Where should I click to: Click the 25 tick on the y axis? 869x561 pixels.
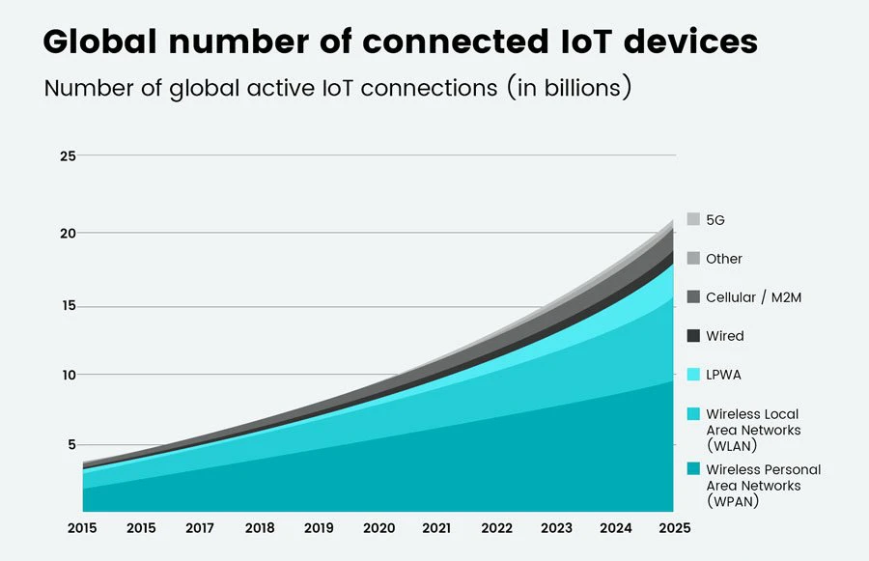tap(67, 155)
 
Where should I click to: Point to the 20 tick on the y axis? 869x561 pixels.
tap(67, 233)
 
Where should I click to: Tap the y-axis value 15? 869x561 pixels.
tap(67, 307)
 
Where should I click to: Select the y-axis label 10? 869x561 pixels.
tap(67, 375)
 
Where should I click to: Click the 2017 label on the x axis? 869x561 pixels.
tap(201, 528)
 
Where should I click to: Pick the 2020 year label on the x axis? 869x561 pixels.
tap(378, 528)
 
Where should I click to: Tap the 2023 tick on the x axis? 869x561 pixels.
tap(556, 528)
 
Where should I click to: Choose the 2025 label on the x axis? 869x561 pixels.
tap(674, 528)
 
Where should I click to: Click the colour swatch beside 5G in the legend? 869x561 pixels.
tap(693, 220)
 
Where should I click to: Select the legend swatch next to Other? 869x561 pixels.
tap(693, 259)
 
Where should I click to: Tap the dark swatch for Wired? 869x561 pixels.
tap(693, 336)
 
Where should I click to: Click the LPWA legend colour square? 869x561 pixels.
tap(693, 375)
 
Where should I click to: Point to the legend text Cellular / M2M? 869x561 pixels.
tap(753, 297)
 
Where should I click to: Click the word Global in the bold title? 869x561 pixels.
tap(101, 42)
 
